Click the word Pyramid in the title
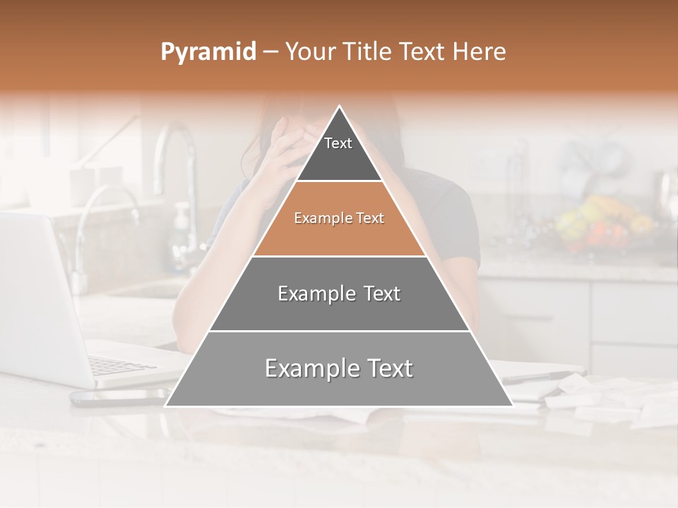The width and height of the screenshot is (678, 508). [208, 52]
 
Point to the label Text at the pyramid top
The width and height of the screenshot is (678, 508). [338, 143]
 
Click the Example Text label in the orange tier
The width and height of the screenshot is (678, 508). [339, 218]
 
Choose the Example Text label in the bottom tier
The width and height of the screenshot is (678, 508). [339, 368]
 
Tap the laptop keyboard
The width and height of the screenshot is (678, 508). [120, 365]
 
